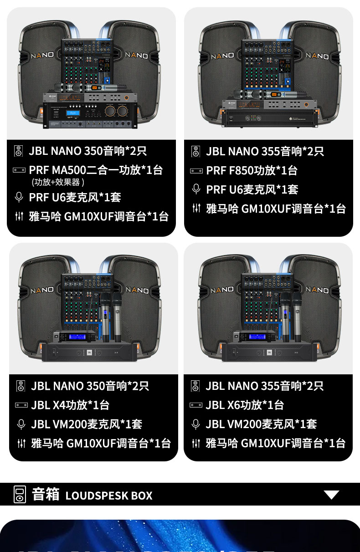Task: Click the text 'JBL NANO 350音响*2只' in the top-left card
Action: click(87, 151)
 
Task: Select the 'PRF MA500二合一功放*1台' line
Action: click(96, 170)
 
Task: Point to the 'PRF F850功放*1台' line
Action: click(252, 170)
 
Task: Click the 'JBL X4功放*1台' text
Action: click(70, 405)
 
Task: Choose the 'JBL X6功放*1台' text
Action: click(245, 405)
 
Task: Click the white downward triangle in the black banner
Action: click(331, 495)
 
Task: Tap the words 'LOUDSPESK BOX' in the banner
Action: click(109, 496)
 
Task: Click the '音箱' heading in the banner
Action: click(46, 494)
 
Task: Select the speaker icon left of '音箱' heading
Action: click(20, 495)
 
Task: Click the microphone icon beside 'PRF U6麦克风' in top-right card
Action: click(196, 189)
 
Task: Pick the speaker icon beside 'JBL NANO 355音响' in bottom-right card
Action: click(196, 386)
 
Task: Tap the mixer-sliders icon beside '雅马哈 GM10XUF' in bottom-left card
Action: click(21, 443)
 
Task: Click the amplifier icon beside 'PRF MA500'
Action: click(19, 170)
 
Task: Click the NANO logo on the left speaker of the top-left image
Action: click(42, 56)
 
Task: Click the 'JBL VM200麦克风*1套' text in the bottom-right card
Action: click(261, 424)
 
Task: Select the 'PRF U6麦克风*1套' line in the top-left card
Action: click(75, 197)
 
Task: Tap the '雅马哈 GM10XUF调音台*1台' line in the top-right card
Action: click(276, 209)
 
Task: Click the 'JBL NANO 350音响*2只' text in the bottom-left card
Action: click(90, 386)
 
